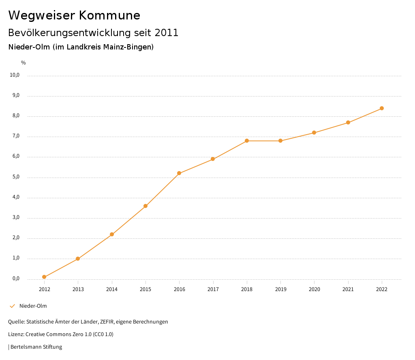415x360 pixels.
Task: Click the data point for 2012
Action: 44,277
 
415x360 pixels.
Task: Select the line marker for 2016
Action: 179,173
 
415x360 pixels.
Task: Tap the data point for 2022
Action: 382,108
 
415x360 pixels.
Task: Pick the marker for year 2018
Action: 247,141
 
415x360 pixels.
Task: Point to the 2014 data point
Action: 112,234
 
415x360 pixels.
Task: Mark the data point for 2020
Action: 314,133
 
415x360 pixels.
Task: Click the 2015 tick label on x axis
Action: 145,289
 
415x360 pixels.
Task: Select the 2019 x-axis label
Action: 280,289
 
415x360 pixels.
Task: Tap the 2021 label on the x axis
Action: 348,289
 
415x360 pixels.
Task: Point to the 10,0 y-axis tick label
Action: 15,75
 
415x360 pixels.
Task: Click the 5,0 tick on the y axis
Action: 16,177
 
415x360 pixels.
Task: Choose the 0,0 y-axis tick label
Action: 16,279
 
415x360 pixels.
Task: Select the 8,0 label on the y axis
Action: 16,116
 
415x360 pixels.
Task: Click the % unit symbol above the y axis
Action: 24,62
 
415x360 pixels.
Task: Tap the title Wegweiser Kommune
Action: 74,15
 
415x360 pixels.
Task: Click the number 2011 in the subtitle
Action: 167,32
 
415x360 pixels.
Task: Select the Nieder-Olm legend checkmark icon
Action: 12,306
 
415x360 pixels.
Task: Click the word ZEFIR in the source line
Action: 107,321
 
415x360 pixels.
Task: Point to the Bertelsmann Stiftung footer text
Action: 36,347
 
